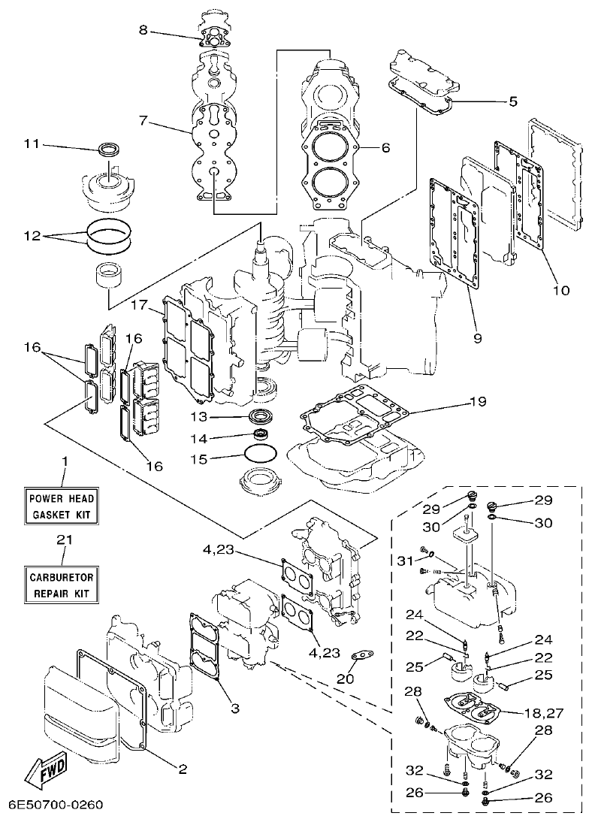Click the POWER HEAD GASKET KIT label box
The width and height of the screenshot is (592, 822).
point(63,507)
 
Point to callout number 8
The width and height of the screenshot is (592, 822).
point(144,31)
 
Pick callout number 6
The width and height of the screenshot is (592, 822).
point(385,148)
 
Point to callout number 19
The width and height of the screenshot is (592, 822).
point(478,401)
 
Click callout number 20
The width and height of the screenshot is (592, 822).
point(345,678)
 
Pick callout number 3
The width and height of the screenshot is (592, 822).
point(235,708)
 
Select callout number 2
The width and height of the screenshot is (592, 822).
point(181,769)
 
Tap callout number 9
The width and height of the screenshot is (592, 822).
point(478,338)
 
